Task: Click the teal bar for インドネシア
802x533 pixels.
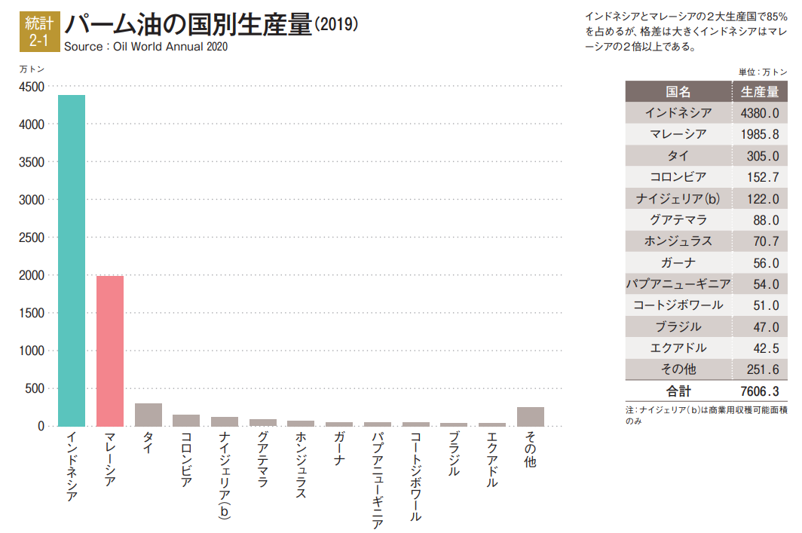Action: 72,260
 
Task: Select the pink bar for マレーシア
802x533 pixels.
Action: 110,351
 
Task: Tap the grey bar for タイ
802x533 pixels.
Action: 148,415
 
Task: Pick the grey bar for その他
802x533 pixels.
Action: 531,417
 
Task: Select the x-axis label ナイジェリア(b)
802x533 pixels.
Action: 225,474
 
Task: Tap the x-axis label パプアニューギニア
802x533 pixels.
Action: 378,480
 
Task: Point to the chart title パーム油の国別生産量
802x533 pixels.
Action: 188,24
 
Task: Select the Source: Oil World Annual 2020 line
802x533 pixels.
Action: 145,47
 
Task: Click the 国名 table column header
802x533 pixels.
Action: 678,92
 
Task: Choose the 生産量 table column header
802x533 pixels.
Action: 759,92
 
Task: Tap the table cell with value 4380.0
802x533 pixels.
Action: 759,113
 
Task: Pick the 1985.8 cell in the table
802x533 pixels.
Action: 759,134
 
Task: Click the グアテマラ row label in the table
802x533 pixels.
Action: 678,220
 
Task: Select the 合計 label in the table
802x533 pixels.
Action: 678,391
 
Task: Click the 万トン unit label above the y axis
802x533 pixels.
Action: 32,69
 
